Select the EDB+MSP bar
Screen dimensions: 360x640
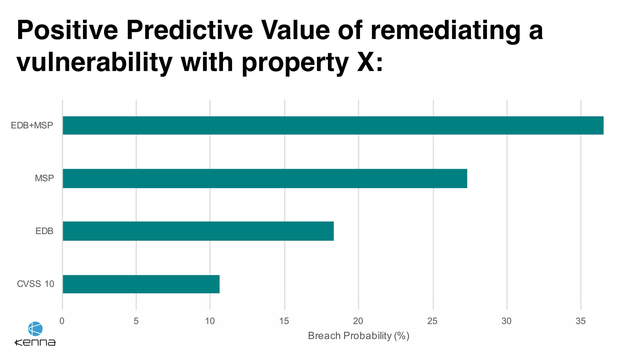(x=333, y=125)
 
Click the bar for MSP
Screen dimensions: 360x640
(x=265, y=178)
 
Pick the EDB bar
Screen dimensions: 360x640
(x=198, y=231)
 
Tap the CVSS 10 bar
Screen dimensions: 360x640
(x=141, y=284)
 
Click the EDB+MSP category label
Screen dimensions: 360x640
(x=32, y=125)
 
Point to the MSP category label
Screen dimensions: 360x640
(x=44, y=178)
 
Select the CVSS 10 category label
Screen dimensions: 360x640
(x=35, y=284)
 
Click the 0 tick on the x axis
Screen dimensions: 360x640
(x=62, y=321)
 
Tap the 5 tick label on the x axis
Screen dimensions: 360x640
(x=136, y=321)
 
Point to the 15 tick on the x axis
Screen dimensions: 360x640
(x=284, y=321)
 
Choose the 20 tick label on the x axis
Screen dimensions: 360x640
(x=358, y=321)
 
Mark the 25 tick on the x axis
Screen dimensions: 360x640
(x=432, y=321)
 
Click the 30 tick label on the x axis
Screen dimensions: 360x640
(x=507, y=321)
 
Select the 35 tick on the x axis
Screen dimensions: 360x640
(x=581, y=321)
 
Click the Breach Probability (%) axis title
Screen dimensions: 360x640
(x=358, y=336)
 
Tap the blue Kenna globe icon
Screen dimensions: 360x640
(x=35, y=329)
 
